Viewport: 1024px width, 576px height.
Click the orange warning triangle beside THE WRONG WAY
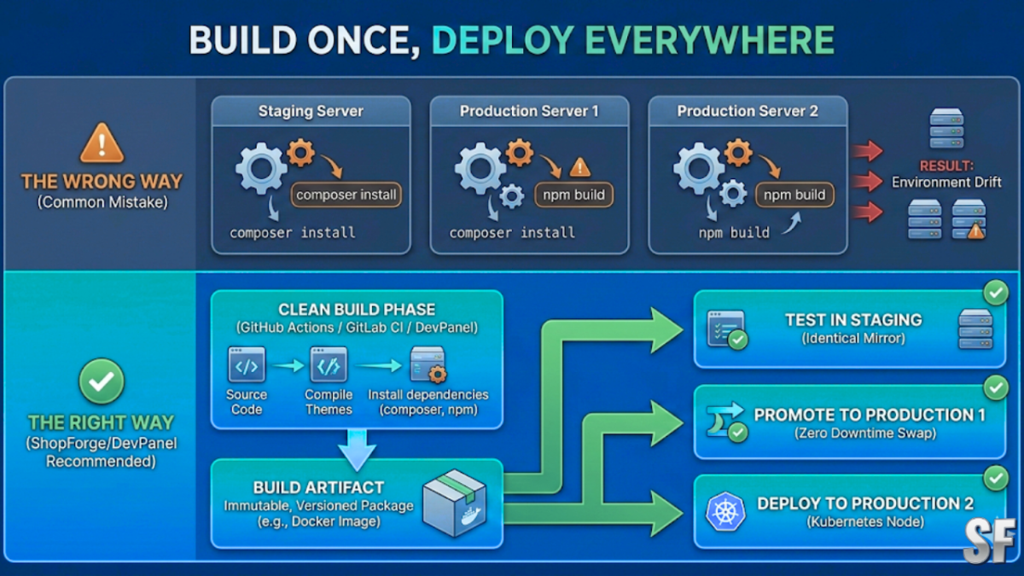[x=102, y=143]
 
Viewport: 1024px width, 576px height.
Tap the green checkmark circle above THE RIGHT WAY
[x=102, y=381]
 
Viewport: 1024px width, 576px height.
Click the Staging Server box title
[x=311, y=112]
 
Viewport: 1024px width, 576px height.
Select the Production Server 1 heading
[x=529, y=112]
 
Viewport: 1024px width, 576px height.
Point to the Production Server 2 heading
[x=748, y=112]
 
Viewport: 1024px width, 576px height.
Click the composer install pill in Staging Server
[x=346, y=195]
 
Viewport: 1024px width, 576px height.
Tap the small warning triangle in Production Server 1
[x=579, y=166]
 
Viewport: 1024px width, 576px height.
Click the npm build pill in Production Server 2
[x=794, y=195]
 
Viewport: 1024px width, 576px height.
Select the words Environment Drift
[x=946, y=183]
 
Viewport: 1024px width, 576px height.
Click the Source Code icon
[x=247, y=365]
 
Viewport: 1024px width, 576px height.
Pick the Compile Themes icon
[x=329, y=365]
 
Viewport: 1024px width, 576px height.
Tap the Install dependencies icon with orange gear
[x=428, y=365]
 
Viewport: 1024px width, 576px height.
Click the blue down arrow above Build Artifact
[x=357, y=449]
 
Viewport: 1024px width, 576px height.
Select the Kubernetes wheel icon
[x=725, y=512]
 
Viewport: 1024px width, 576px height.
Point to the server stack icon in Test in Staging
[x=975, y=329]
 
